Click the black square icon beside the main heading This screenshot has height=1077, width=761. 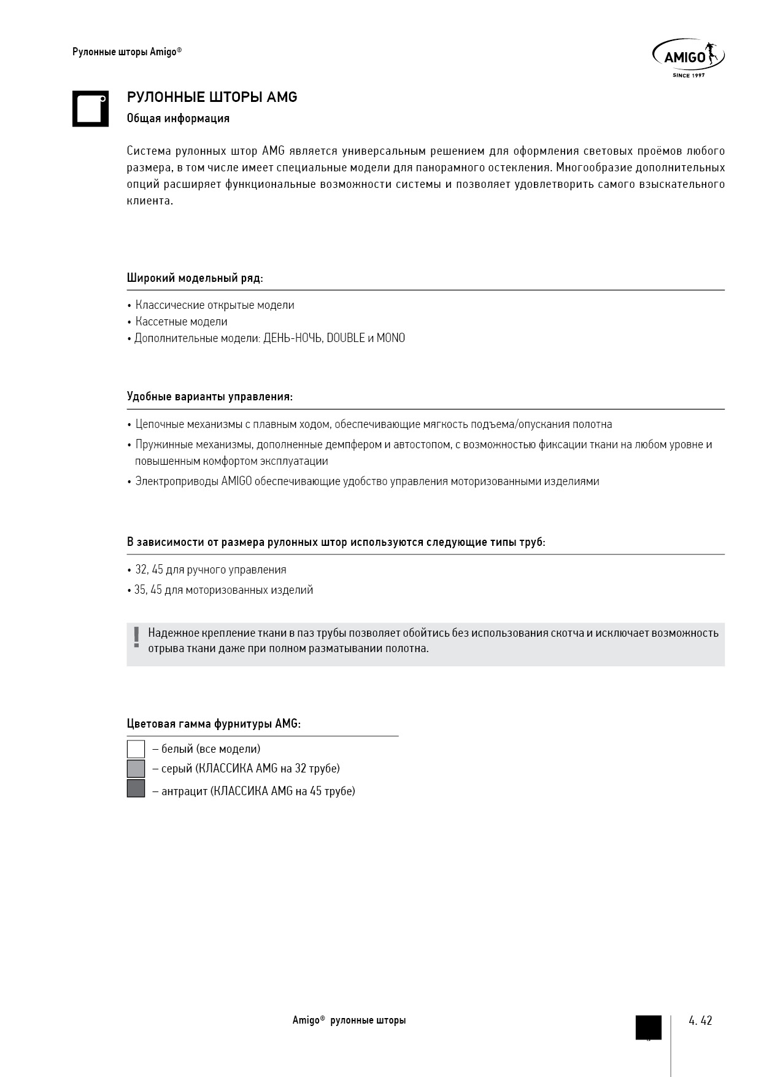[x=90, y=109]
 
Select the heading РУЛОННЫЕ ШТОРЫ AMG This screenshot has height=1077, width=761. [x=212, y=98]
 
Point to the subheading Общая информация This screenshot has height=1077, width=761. [x=178, y=119]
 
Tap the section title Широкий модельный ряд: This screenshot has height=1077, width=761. [x=195, y=278]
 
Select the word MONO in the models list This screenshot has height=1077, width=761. [x=390, y=338]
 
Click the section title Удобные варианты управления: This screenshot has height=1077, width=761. [x=209, y=397]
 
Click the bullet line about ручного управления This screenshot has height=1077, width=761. [x=211, y=570]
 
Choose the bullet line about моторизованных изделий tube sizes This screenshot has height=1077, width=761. [x=223, y=590]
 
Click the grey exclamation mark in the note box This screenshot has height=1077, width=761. [x=136, y=637]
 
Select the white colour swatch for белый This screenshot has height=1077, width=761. [x=136, y=749]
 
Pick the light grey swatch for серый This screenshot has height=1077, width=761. [x=136, y=769]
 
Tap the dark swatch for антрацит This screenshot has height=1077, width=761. [x=136, y=789]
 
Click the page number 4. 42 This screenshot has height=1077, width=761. [x=700, y=1021]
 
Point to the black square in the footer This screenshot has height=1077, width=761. [x=648, y=1027]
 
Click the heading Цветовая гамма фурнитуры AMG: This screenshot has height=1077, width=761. [x=214, y=724]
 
